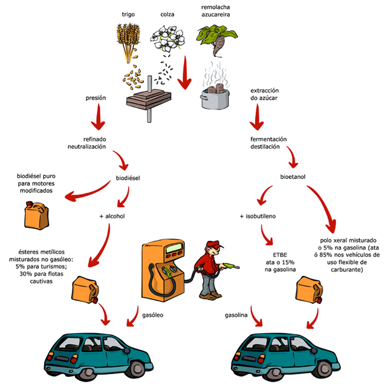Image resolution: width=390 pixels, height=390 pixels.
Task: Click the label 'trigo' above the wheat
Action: [x=128, y=14]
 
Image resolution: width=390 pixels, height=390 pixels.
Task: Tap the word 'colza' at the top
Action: [x=167, y=14]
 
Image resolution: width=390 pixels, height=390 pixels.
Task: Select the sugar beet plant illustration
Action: [x=214, y=42]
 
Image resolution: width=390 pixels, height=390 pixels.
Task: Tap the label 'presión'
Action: [x=96, y=97]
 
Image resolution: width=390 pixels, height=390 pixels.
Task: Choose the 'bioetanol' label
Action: [x=293, y=178]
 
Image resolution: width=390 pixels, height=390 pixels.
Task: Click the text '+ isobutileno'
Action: [x=258, y=215]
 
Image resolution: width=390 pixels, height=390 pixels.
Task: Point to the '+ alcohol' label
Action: [x=112, y=215]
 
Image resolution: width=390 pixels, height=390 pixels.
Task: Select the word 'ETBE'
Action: [x=280, y=255]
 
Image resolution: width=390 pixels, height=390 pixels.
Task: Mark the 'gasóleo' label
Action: [x=152, y=315]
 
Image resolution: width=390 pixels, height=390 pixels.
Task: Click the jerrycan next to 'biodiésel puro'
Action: [x=34, y=215]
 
